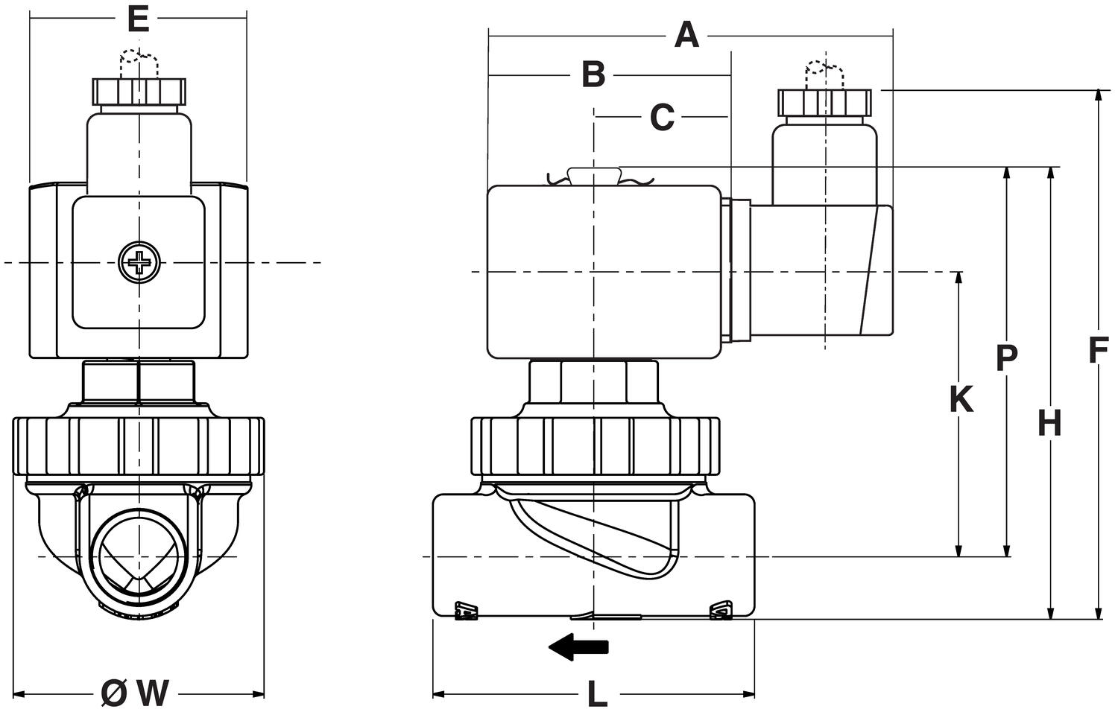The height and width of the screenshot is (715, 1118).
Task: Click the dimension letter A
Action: [x=686, y=35]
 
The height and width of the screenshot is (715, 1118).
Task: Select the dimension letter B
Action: [x=593, y=74]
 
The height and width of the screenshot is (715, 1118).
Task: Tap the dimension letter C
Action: [x=662, y=117]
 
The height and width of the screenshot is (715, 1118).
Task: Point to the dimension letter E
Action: [x=138, y=19]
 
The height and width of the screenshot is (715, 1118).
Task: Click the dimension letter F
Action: [x=1095, y=351]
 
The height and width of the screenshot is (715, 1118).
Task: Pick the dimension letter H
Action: [x=1049, y=424]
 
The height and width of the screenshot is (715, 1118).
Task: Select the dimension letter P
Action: [x=1006, y=358]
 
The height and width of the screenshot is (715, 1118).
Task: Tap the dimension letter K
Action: [x=961, y=400]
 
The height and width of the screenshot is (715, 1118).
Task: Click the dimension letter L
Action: [x=596, y=695]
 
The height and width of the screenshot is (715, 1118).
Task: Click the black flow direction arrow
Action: [x=579, y=646]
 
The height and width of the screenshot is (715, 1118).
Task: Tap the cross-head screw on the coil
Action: [x=139, y=262]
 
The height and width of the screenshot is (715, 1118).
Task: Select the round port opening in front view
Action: [x=139, y=556]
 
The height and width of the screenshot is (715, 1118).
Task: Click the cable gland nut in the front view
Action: [x=139, y=91]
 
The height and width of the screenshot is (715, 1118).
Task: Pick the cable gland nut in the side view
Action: [x=824, y=103]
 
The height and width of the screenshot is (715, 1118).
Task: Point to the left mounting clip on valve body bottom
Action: [x=466, y=611]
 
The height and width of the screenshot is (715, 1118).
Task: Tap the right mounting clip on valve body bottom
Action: [x=721, y=611]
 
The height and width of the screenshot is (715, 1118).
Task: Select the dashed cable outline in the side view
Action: [x=824, y=73]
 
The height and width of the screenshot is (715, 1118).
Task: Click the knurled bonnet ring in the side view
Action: [x=595, y=447]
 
